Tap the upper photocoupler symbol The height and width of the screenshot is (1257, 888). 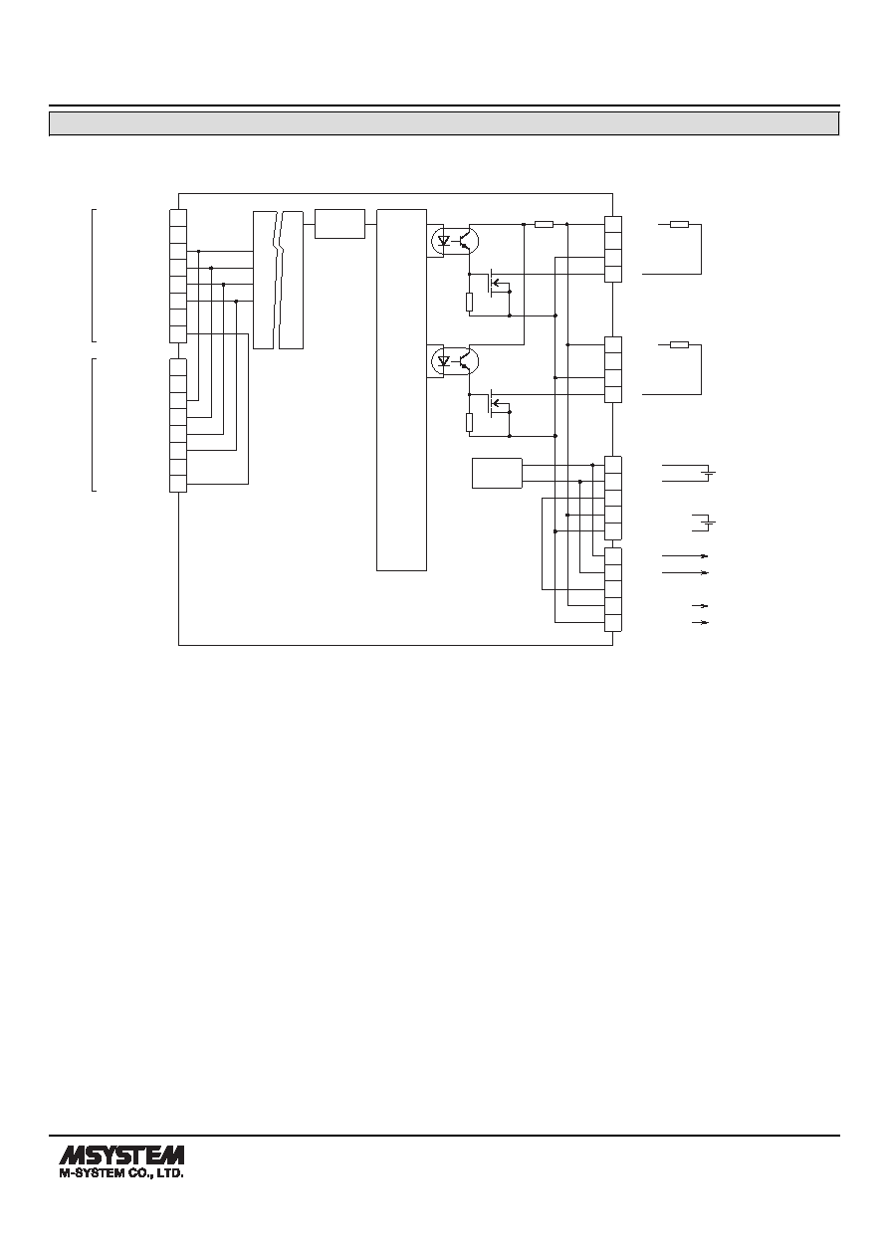[455, 241]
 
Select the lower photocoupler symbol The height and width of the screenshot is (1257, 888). [455, 361]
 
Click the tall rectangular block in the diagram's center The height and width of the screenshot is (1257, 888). [401, 390]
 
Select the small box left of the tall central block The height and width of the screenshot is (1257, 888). [339, 224]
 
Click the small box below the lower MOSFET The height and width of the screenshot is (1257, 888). [497, 474]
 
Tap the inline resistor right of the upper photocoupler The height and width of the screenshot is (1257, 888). [544, 225]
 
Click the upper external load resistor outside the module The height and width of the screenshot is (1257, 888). [679, 225]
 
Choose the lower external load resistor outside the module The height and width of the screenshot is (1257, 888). [679, 345]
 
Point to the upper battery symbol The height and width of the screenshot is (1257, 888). [710, 474]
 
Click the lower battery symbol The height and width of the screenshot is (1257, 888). [710, 523]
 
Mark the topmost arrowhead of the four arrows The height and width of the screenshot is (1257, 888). [704, 556]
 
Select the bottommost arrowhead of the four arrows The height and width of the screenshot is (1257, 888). [704, 622]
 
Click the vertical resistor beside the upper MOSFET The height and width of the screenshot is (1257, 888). [469, 302]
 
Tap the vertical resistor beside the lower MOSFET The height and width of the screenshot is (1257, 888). [469, 423]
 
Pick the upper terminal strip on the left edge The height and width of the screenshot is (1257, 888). [178, 276]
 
